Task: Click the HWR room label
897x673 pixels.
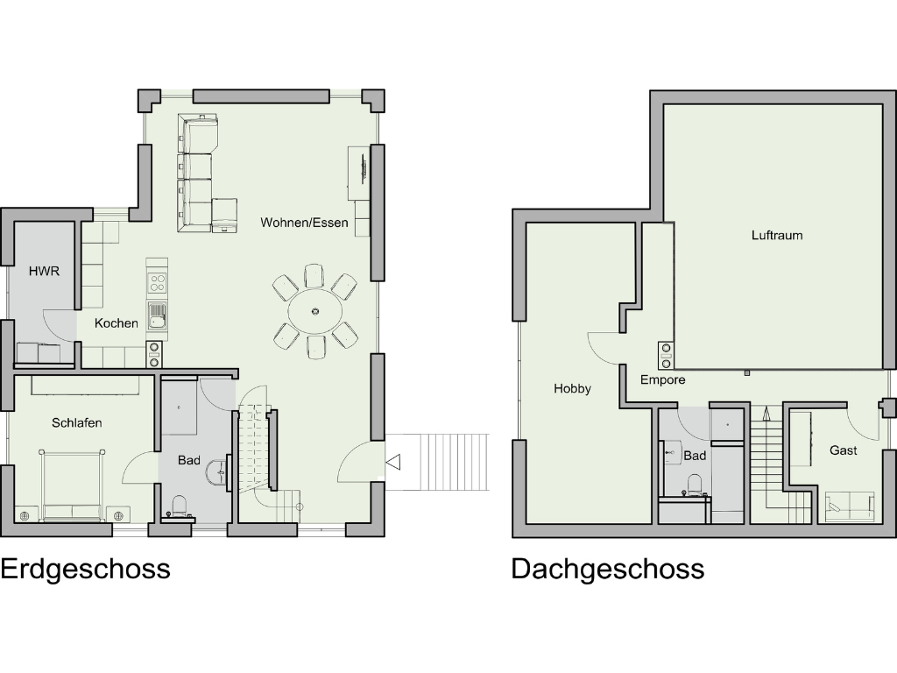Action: [44, 272]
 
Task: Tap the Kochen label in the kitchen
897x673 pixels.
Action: [117, 323]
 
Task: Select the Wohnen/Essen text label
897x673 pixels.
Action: [304, 223]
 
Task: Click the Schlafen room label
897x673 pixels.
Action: [76, 423]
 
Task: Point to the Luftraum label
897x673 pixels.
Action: [777, 236]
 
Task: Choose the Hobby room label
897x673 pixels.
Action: [572, 389]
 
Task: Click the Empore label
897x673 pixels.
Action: [662, 380]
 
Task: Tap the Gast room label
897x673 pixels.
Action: [844, 450]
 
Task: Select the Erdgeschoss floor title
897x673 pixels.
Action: [85, 570]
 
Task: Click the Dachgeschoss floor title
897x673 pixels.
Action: [607, 570]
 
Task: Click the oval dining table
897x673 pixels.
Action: [315, 310]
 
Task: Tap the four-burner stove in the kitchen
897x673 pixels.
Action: [158, 282]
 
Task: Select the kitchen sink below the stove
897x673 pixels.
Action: [158, 313]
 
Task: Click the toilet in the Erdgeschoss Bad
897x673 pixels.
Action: [180, 507]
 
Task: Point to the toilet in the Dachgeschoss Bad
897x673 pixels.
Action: [695, 485]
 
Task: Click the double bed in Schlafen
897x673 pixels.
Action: [72, 487]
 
